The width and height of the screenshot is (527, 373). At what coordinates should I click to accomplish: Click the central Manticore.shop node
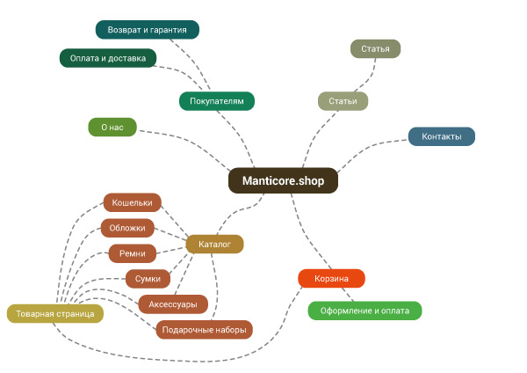(x=283, y=180)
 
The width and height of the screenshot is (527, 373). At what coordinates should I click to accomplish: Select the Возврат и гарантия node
(x=148, y=30)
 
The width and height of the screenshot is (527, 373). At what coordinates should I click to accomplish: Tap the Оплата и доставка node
(x=108, y=58)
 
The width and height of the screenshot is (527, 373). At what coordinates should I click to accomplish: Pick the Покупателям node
(x=217, y=101)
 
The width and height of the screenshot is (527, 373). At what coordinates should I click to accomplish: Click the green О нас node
(x=112, y=127)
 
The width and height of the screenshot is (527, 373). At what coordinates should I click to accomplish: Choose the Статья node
(x=375, y=48)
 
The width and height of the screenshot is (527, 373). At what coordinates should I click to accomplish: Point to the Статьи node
(x=343, y=101)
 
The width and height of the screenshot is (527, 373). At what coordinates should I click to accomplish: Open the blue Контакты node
(x=442, y=136)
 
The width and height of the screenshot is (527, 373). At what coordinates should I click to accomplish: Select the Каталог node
(x=214, y=244)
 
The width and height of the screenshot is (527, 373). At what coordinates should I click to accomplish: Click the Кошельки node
(x=132, y=202)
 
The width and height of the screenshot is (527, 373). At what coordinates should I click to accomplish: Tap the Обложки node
(x=127, y=228)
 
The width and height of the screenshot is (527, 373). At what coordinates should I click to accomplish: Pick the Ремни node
(x=133, y=253)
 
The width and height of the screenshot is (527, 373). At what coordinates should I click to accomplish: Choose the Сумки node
(x=148, y=279)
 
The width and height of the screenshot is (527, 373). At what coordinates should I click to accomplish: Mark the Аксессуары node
(x=173, y=304)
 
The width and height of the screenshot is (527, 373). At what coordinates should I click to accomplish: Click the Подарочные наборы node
(x=205, y=330)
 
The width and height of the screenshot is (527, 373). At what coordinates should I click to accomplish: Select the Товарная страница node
(x=55, y=314)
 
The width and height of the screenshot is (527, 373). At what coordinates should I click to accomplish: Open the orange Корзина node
(x=331, y=278)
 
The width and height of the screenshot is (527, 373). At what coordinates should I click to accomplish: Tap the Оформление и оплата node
(x=365, y=311)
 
